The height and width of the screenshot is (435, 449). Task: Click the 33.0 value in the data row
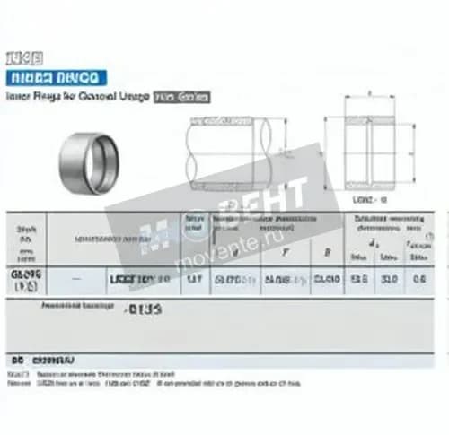pyautogui.click(x=391, y=279)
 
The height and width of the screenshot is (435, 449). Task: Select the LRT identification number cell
pyautogui.click(x=139, y=280)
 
